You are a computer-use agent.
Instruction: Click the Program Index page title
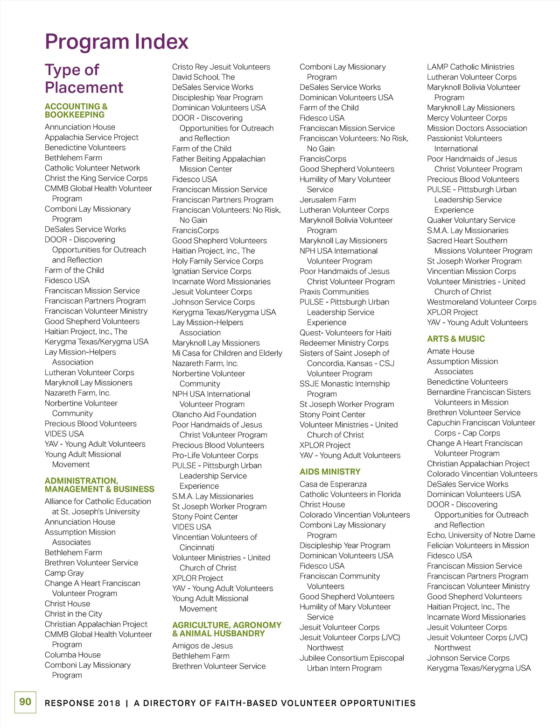(x=117, y=42)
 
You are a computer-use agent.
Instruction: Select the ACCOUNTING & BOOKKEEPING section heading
(x=76, y=111)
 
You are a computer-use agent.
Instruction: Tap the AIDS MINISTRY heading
(x=330, y=472)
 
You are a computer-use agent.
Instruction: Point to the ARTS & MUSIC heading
(x=456, y=339)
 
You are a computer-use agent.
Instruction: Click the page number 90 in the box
(x=25, y=702)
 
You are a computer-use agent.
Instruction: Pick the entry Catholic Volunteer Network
(x=92, y=168)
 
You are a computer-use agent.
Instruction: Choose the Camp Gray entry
(x=64, y=573)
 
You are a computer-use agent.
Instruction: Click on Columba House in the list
(x=73, y=655)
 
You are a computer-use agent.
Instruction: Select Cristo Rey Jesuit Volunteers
(x=221, y=67)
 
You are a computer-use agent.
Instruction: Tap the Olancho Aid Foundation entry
(x=214, y=414)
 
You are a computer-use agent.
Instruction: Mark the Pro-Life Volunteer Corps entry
(x=215, y=455)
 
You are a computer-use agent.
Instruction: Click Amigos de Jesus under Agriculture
(x=203, y=646)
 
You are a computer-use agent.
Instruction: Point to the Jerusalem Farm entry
(x=328, y=200)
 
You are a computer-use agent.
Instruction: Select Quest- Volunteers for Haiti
(x=345, y=333)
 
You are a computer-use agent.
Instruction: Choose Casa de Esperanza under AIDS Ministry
(x=333, y=484)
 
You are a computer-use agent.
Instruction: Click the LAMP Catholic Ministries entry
(x=470, y=67)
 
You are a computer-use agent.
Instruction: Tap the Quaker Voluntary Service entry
(x=471, y=220)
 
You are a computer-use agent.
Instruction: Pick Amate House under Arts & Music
(x=451, y=351)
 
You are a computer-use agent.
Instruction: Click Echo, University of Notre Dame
(x=481, y=535)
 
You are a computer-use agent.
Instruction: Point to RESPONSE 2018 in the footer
(x=83, y=703)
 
